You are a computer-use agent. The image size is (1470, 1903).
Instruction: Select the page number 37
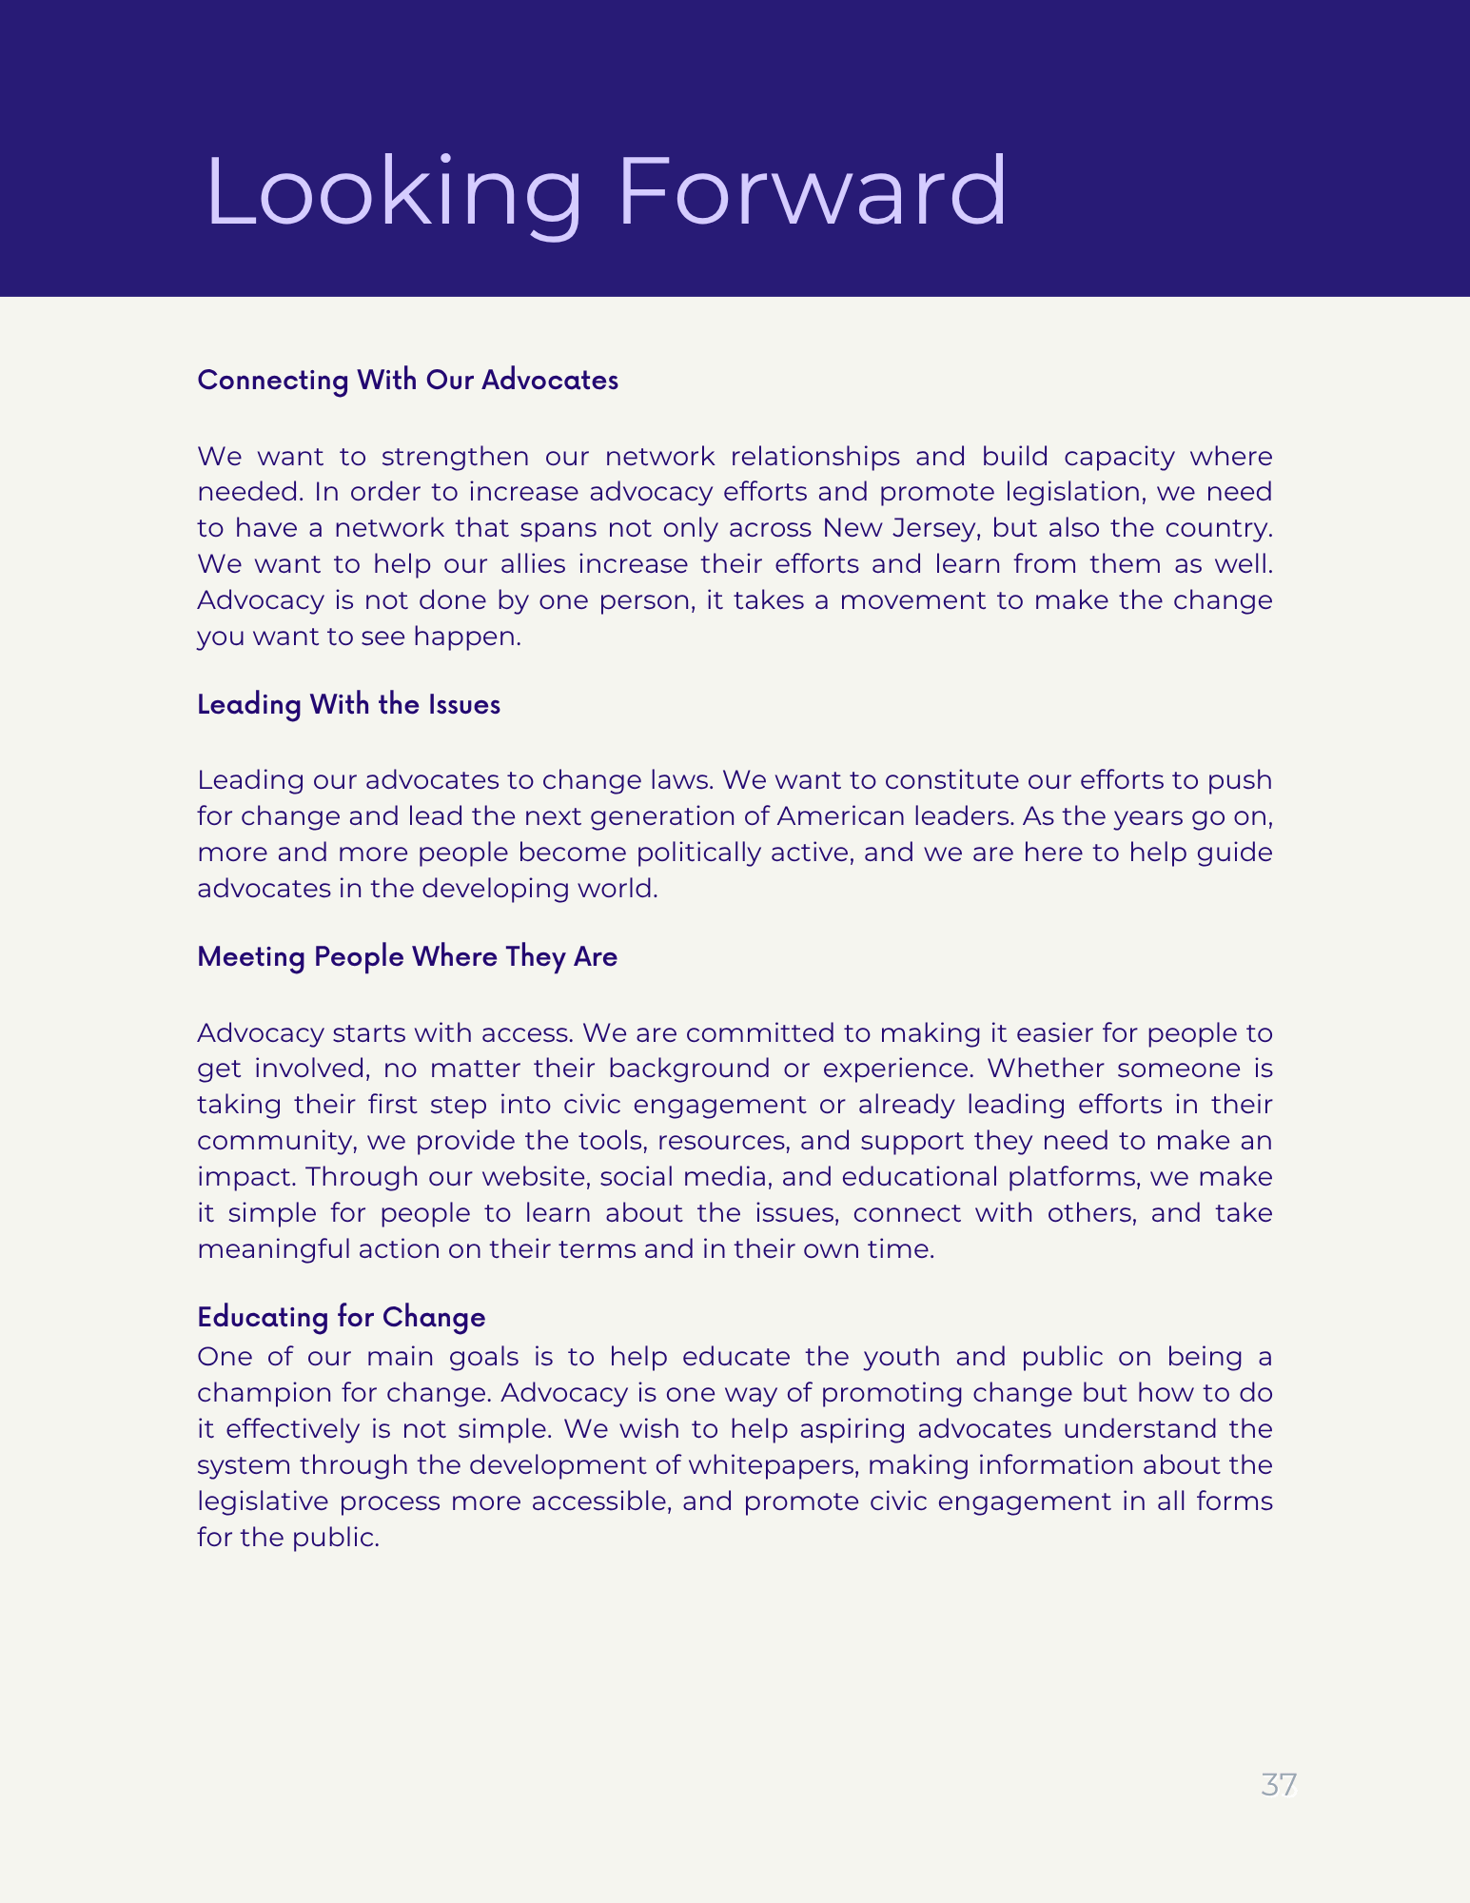click(1278, 1785)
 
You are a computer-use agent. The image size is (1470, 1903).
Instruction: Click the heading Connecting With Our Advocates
click(407, 380)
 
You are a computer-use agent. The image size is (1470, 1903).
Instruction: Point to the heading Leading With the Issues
click(348, 704)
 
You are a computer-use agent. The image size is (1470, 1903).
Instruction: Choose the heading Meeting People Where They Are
click(407, 956)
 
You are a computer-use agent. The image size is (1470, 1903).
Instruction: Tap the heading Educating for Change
click(341, 1317)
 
